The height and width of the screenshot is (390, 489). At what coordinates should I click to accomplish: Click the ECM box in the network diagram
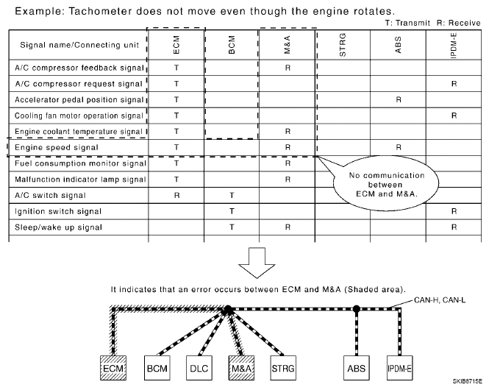tap(114, 365)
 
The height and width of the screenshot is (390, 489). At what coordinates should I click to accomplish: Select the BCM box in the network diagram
tap(154, 365)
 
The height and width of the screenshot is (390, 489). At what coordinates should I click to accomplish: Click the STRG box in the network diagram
tap(281, 365)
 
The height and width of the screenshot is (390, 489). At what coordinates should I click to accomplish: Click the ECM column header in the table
tap(176, 46)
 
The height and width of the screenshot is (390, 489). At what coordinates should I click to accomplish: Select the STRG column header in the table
tap(343, 46)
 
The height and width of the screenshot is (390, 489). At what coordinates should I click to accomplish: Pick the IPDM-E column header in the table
tap(454, 46)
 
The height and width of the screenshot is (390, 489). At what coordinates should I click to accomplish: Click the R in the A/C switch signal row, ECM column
tap(176, 196)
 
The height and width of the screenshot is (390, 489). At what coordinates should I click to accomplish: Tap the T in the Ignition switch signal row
tap(232, 211)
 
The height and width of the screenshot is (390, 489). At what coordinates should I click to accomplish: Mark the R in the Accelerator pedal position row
tap(398, 99)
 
